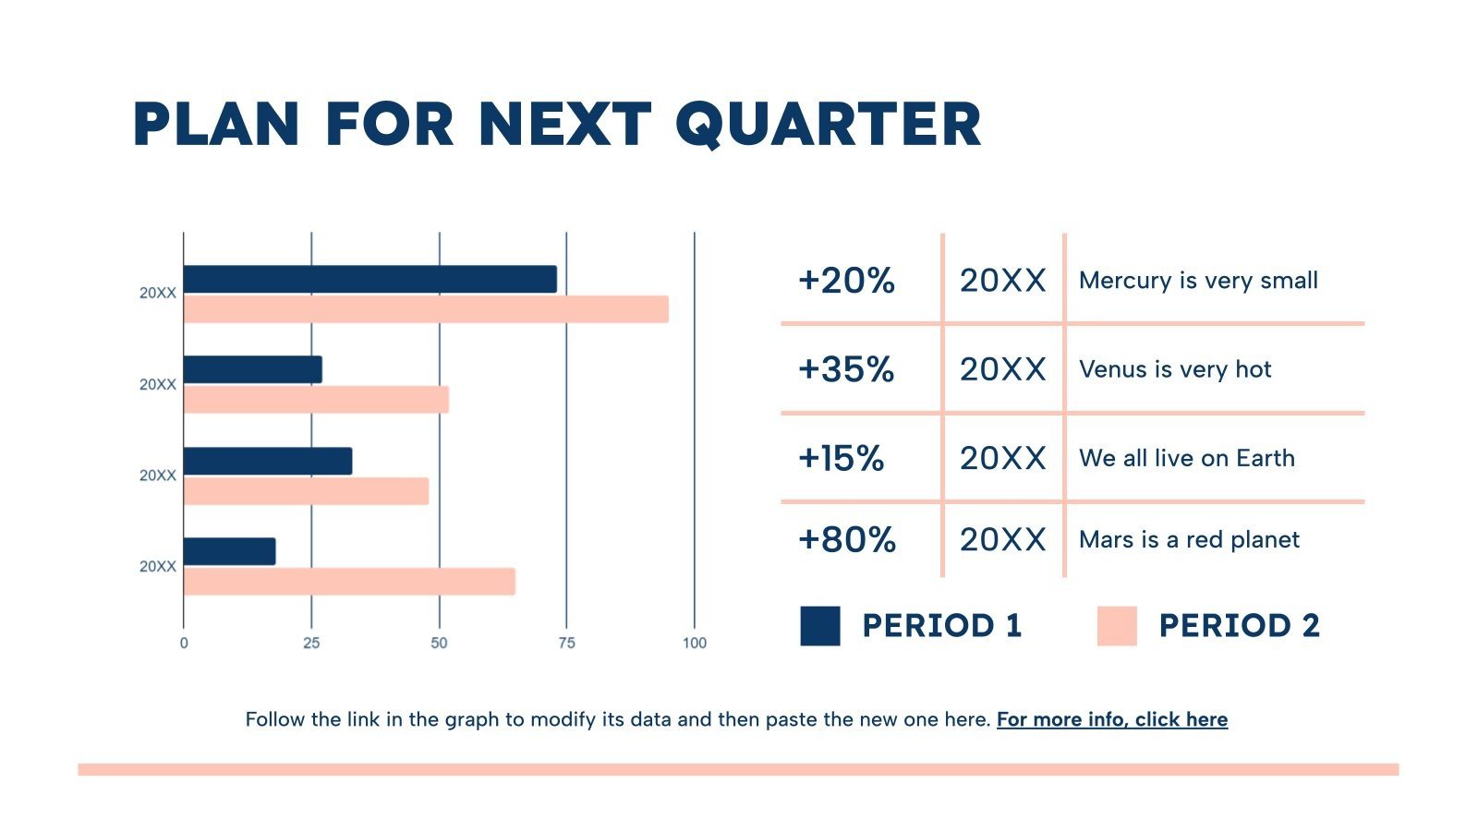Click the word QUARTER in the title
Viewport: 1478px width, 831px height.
(x=828, y=126)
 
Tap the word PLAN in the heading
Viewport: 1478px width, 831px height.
(x=216, y=126)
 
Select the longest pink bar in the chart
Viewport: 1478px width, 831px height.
(x=426, y=309)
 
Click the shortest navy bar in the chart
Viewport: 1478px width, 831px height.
(x=229, y=551)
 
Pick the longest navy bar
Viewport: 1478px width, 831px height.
(x=369, y=279)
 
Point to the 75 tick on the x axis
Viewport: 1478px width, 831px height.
(x=566, y=643)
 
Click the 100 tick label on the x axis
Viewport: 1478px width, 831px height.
(x=694, y=643)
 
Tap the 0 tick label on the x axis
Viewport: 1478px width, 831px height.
(x=184, y=643)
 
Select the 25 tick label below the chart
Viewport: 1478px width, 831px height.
(x=311, y=643)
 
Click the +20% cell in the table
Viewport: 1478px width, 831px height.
(x=846, y=281)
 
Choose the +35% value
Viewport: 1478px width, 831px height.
(x=846, y=369)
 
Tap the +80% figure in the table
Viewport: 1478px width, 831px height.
(x=846, y=540)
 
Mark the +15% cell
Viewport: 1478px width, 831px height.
(x=841, y=459)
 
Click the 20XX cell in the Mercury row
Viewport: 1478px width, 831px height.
(x=1002, y=281)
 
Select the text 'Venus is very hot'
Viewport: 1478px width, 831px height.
(x=1175, y=369)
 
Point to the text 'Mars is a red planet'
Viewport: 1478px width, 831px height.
(x=1189, y=540)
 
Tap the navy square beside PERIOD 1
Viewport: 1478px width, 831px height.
(x=820, y=625)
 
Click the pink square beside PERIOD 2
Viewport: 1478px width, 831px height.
(x=1117, y=625)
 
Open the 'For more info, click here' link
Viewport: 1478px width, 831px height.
(x=1112, y=720)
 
